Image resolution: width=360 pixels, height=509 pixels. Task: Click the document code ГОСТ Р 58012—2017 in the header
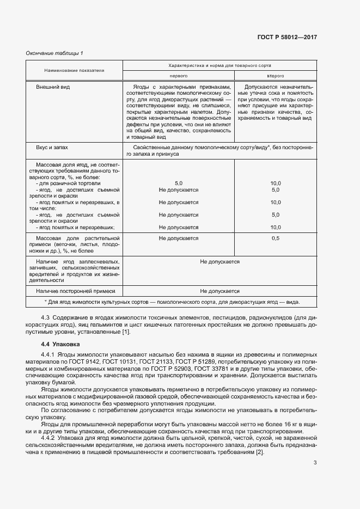click(x=286, y=38)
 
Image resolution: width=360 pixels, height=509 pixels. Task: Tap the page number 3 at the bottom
click(x=315, y=463)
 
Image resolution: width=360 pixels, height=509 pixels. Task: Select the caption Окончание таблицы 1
click(x=54, y=53)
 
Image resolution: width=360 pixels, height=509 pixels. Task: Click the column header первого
click(x=179, y=76)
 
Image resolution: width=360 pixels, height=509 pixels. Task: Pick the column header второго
click(x=275, y=76)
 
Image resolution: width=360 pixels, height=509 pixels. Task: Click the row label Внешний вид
click(x=53, y=87)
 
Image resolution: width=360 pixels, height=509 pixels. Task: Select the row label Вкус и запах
click(x=52, y=147)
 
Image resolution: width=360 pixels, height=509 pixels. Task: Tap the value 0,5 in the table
click(x=275, y=238)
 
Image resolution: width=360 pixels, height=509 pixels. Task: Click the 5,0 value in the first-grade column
click(x=179, y=183)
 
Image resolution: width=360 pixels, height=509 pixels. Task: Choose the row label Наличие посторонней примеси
click(x=67, y=291)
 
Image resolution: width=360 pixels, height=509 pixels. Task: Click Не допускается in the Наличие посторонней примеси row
click(x=219, y=291)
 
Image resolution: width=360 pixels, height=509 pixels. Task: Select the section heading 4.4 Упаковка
click(x=60, y=345)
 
